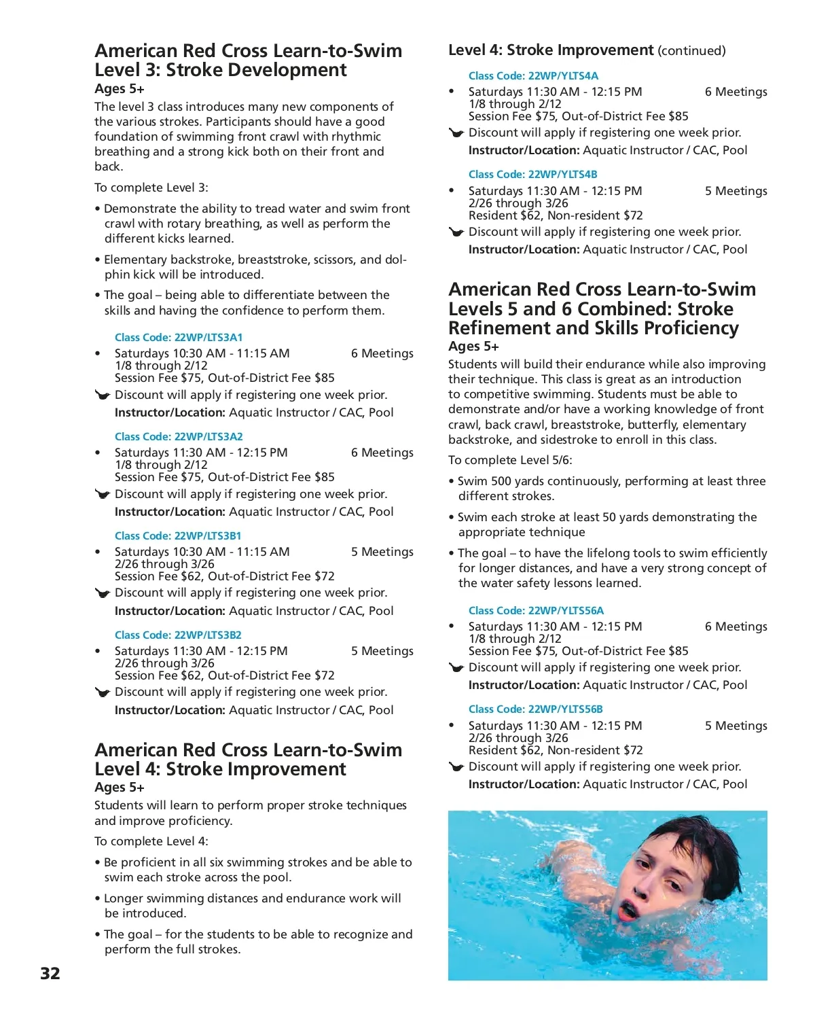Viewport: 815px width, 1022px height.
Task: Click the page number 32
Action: tap(50, 973)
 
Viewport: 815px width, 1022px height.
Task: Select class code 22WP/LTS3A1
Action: tap(179, 338)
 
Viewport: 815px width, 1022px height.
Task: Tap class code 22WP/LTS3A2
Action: tap(179, 437)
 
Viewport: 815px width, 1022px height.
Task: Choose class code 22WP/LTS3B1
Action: tap(178, 536)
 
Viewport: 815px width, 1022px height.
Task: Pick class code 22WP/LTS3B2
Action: tap(178, 635)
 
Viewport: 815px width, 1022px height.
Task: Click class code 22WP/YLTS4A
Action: tap(533, 76)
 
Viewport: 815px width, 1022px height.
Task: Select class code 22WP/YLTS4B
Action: tap(533, 175)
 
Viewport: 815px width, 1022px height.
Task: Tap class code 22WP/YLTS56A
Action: tap(536, 611)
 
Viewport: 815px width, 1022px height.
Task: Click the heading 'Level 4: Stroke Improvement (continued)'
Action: tap(587, 50)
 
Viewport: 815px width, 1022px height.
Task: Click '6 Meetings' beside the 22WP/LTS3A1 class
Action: tap(382, 353)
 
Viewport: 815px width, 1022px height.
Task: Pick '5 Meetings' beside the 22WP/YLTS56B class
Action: tap(736, 726)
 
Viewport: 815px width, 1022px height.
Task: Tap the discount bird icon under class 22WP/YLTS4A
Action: tap(456, 133)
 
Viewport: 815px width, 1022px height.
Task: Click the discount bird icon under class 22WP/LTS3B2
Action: tap(103, 692)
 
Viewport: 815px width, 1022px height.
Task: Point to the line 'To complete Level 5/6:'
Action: tap(510, 460)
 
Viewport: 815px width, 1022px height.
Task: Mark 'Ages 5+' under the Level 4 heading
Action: tap(120, 788)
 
